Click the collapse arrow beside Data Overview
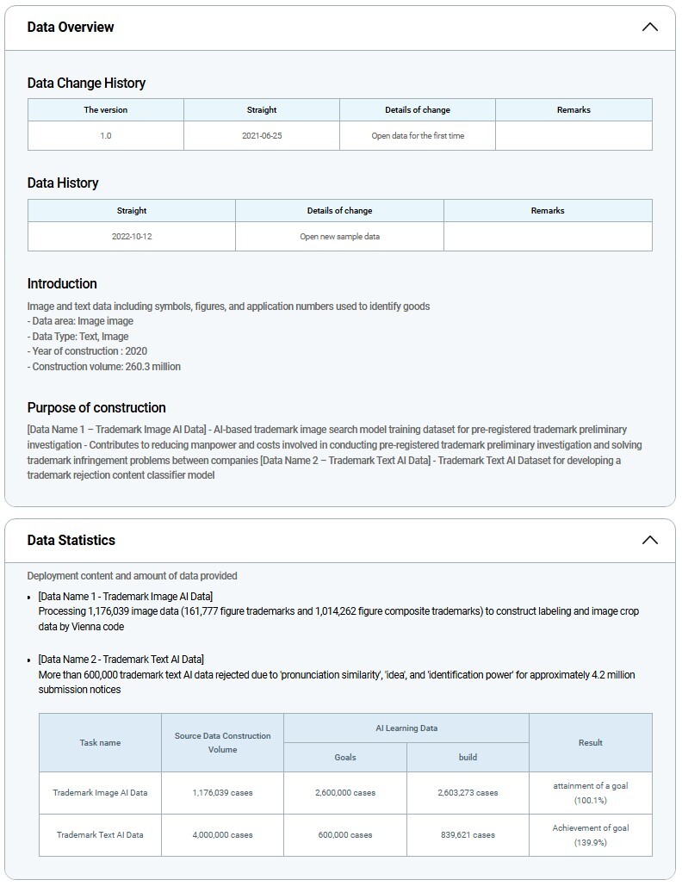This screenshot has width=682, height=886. pyautogui.click(x=649, y=27)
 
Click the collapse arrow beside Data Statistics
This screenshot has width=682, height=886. pyautogui.click(x=649, y=540)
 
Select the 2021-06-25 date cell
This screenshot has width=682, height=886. pyautogui.click(x=262, y=136)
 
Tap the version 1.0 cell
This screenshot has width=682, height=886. pyautogui.click(x=106, y=136)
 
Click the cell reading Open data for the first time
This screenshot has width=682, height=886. pyautogui.click(x=418, y=136)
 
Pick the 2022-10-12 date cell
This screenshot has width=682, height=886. pyautogui.click(x=132, y=237)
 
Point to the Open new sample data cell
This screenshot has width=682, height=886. pyautogui.click(x=339, y=237)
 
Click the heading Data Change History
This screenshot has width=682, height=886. pyautogui.click(x=86, y=84)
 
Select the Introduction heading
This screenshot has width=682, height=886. pyautogui.click(x=62, y=284)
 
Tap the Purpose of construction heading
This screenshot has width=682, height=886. pyautogui.click(x=96, y=408)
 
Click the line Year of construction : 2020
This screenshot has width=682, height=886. pyautogui.click(x=87, y=351)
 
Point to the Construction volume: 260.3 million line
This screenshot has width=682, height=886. pyautogui.click(x=104, y=367)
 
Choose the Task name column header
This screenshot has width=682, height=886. pyautogui.click(x=100, y=742)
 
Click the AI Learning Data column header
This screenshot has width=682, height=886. pyautogui.click(x=406, y=728)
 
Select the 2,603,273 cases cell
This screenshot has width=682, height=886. pyautogui.click(x=468, y=793)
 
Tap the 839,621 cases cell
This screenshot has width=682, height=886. pyautogui.click(x=468, y=835)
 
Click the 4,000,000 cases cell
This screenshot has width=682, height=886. pyautogui.click(x=222, y=835)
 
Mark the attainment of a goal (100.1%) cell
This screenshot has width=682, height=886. pyautogui.click(x=591, y=793)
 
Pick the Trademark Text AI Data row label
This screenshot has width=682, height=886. pyautogui.click(x=100, y=835)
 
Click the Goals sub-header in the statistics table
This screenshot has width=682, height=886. pyautogui.click(x=345, y=758)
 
